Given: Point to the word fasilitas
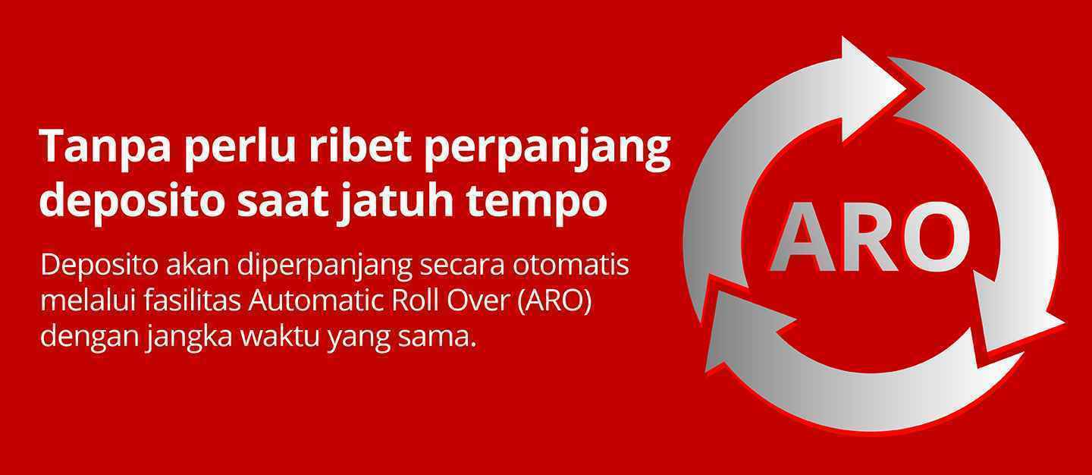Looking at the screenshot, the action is click(193, 301).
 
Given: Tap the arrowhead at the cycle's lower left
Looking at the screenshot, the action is click(741, 332).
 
